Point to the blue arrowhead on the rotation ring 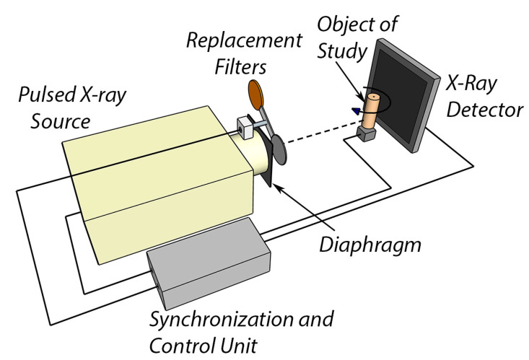tap(355, 110)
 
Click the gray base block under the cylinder tap(367, 133)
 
